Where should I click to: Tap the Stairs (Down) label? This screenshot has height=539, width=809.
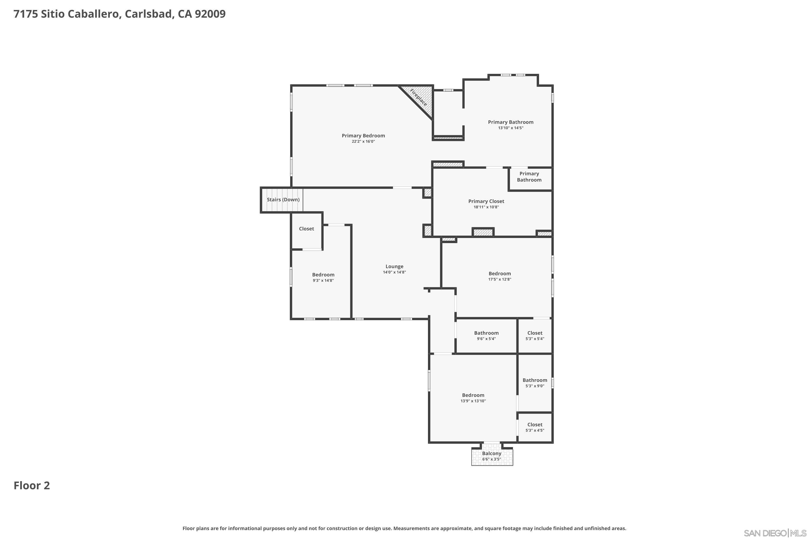point(283,200)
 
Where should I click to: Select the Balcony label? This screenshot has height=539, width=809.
point(492,453)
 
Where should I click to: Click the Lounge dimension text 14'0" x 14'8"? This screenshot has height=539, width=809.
point(394,272)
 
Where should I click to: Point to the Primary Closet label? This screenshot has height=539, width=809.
point(486,201)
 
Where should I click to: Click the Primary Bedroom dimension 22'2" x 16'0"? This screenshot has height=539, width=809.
point(363,141)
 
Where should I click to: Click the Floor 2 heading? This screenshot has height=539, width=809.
point(32,486)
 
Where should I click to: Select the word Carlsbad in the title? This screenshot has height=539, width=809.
point(148,14)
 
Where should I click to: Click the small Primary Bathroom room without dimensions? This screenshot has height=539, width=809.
point(529,177)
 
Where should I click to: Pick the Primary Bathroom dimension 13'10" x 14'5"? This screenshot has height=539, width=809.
point(510,128)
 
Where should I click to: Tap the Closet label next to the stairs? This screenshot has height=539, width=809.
point(306,229)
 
